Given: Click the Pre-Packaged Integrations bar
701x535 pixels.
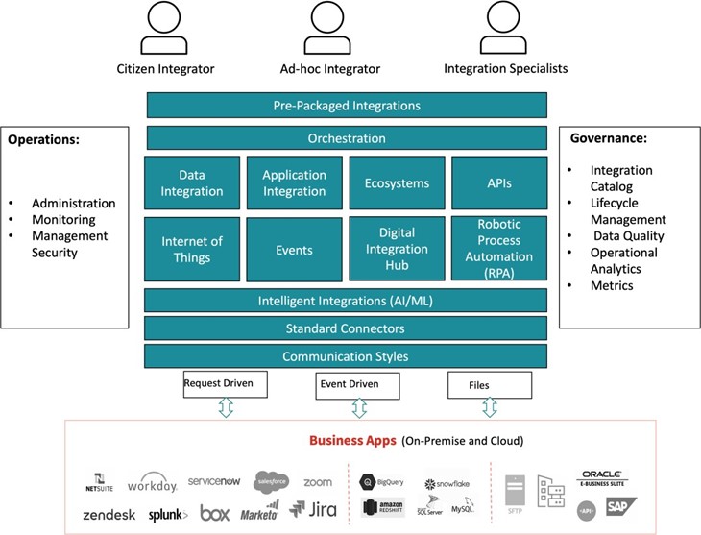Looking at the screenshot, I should pyautogui.click(x=347, y=106).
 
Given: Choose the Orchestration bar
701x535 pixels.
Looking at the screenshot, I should pyautogui.click(x=347, y=138).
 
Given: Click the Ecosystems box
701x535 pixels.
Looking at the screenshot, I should pyautogui.click(x=397, y=183).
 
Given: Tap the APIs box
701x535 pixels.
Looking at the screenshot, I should pyautogui.click(x=498, y=183).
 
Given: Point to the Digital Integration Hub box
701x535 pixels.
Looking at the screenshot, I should pyautogui.click(x=397, y=250).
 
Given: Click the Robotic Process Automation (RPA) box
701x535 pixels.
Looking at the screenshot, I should pyautogui.click(x=498, y=250).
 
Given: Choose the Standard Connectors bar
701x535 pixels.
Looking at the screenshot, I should pyautogui.click(x=347, y=328).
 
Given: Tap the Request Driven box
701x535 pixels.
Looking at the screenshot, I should pyautogui.click(x=225, y=384).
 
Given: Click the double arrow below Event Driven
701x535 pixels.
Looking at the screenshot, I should pyautogui.click(x=359, y=408).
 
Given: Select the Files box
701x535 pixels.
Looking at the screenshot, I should pyautogui.click(x=490, y=385).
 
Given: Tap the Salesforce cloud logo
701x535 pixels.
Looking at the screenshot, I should pyautogui.click(x=271, y=481).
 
